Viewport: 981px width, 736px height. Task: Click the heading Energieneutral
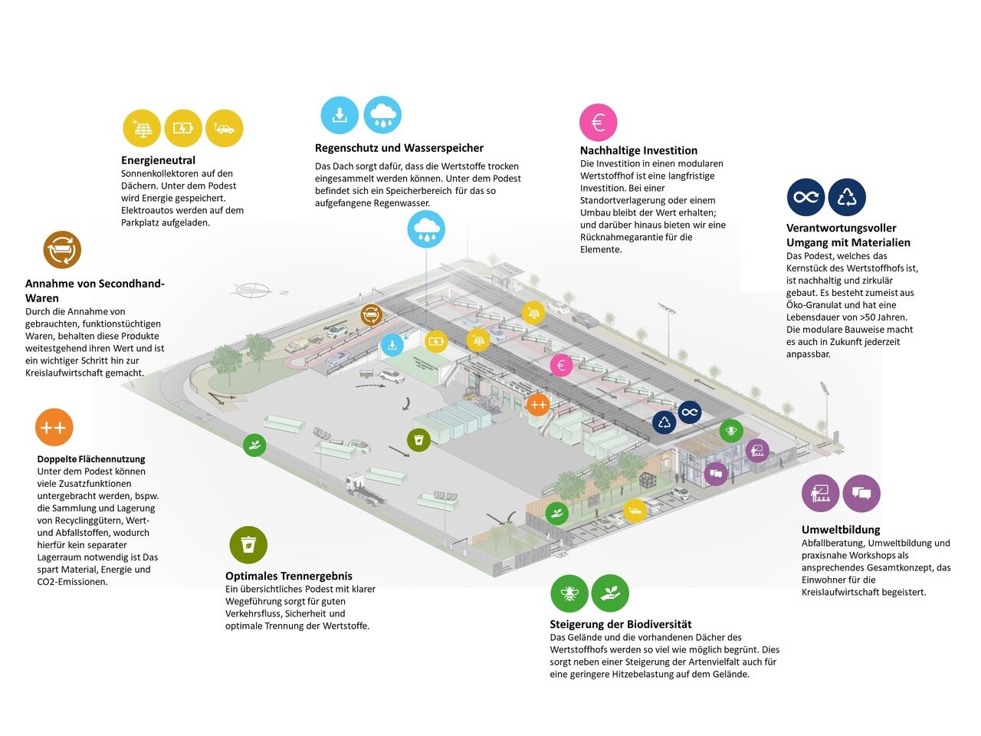point(158,160)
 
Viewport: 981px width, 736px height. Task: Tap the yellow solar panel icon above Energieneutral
point(142,128)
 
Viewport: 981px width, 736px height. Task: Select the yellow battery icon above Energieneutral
point(183,128)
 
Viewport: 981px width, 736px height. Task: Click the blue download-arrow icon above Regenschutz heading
point(340,115)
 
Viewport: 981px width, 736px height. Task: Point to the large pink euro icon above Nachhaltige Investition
point(599,122)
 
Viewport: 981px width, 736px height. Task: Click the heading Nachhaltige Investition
point(638,150)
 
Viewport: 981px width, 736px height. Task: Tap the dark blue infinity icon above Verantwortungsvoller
point(806,197)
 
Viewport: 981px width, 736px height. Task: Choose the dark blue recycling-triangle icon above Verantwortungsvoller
point(847,197)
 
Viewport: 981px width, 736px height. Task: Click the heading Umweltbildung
point(841,530)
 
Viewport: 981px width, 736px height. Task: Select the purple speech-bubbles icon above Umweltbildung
point(861,493)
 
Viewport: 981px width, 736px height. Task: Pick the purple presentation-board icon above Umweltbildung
point(820,493)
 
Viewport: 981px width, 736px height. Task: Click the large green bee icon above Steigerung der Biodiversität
point(569,593)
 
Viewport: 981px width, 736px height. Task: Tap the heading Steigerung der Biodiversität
point(621,624)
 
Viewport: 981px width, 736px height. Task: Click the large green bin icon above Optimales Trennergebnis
point(248,545)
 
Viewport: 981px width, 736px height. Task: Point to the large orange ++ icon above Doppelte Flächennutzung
point(54,427)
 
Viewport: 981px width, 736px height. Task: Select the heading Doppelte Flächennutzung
point(91,459)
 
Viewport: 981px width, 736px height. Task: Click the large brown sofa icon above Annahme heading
point(62,249)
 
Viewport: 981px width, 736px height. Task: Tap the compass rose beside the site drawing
point(254,290)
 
